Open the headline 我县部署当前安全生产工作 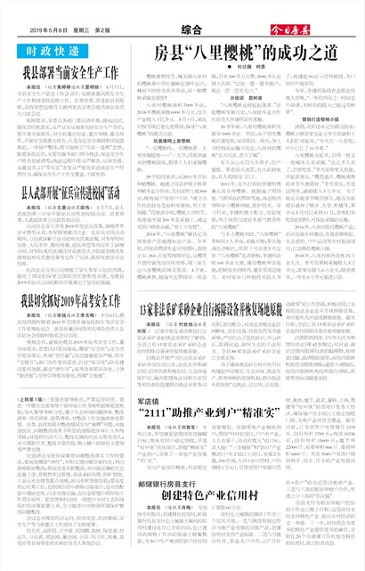click(x=71, y=70)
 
